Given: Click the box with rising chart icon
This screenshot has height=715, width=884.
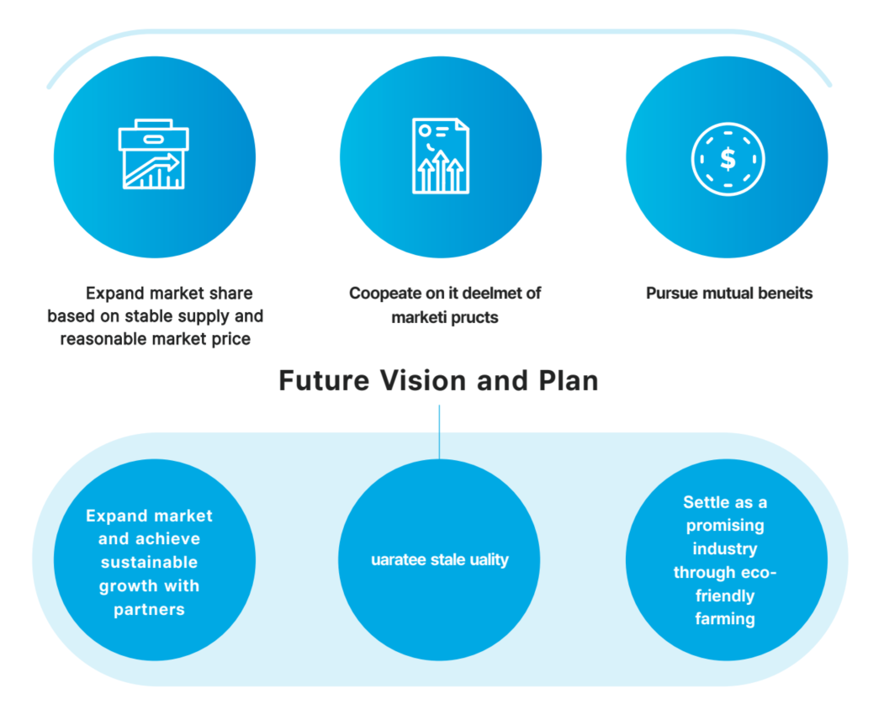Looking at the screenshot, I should point(154,156).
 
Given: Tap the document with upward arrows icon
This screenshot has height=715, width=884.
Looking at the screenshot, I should point(441,156).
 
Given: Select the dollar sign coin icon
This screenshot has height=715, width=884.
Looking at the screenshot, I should point(728,157).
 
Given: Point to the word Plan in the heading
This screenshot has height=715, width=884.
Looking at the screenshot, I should point(568,380).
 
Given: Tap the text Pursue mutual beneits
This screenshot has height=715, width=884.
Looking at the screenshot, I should point(729,294).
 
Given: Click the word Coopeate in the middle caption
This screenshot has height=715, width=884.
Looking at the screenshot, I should point(384,294).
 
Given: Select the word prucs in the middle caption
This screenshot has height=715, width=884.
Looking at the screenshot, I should point(470,318).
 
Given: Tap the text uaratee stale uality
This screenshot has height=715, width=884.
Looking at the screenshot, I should point(440,559).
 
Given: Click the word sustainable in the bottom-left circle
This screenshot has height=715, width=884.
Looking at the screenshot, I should point(150,562).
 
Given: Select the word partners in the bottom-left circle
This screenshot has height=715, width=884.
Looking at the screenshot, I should point(150,609).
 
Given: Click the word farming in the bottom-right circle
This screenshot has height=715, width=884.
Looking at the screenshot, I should point(725,619).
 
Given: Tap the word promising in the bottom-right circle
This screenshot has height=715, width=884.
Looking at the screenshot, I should point(725,526).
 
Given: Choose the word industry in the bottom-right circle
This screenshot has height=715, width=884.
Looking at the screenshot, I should point(725,548).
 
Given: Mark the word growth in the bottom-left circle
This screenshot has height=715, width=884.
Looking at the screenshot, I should point(129,585).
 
